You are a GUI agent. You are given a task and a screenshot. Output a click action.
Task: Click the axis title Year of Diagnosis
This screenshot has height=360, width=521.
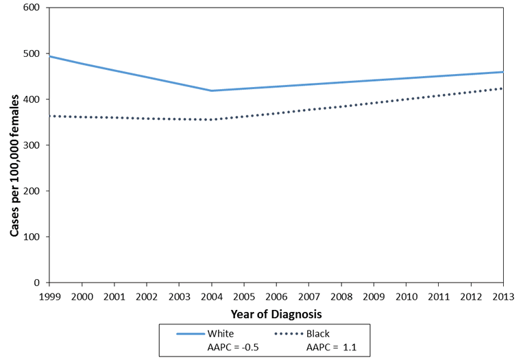coord(276,312)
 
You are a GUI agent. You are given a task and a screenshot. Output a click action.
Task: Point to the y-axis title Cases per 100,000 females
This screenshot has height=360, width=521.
coord(14,145)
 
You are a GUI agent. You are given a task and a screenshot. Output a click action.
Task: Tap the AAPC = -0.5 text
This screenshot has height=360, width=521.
coord(232,347)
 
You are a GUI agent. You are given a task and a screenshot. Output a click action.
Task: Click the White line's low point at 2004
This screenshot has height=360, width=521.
coord(211,91)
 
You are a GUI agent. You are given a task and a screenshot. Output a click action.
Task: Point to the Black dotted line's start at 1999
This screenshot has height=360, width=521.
coord(49,116)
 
